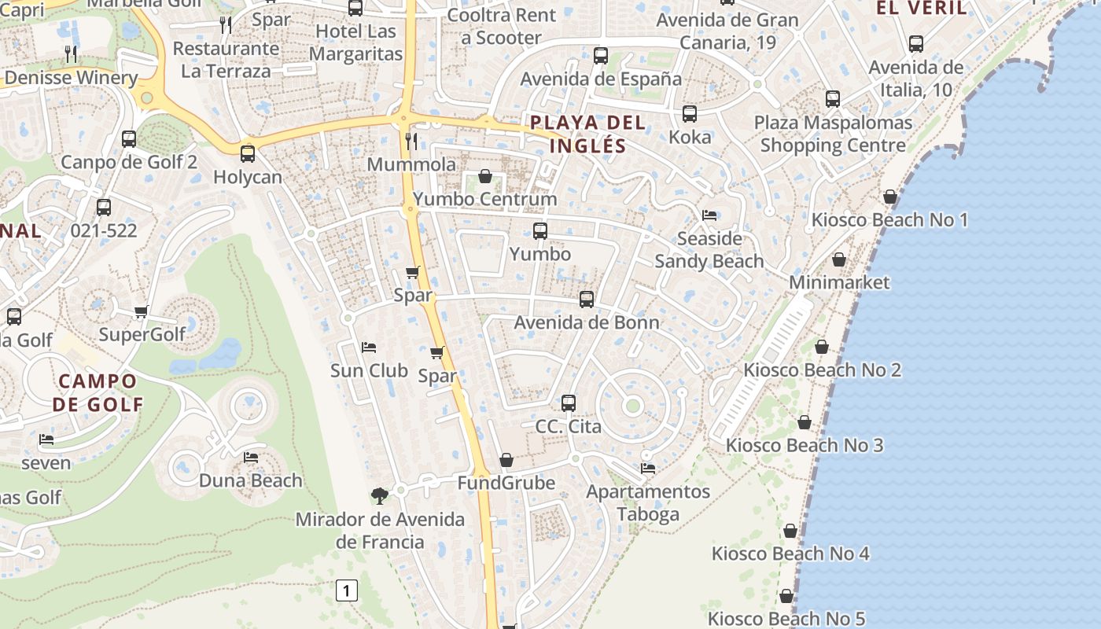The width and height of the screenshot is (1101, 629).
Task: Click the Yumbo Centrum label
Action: [485, 199]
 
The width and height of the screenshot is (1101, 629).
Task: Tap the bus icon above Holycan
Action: [248, 153]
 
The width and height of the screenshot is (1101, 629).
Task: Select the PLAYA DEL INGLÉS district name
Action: [588, 134]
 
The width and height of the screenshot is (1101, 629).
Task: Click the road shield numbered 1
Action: [347, 590]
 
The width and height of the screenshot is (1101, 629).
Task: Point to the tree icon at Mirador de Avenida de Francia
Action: [380, 495]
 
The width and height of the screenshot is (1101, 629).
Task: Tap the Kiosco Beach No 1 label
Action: [889, 219]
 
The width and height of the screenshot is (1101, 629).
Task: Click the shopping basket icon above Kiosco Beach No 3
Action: [805, 422]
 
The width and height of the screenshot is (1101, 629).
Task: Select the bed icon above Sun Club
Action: [369, 348]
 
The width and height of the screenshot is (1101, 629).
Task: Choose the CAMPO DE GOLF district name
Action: [98, 393]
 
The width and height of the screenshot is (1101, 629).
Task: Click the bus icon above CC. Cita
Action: [569, 403]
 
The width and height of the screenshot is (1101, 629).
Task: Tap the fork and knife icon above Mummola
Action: [411, 142]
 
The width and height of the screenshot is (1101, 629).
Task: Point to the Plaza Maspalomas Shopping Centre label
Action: [833, 134]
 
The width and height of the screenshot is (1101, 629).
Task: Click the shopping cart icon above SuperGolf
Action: [142, 311]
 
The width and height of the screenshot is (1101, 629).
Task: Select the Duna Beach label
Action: [250, 480]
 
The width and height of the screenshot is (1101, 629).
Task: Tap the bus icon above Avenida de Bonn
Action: [587, 300]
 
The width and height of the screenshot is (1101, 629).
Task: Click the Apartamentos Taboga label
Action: [648, 503]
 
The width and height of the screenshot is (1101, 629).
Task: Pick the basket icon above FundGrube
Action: [506, 460]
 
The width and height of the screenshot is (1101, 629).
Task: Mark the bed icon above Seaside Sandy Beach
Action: [709, 215]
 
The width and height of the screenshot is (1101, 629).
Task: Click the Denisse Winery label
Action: [71, 78]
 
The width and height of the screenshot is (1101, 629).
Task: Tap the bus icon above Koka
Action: [690, 114]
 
